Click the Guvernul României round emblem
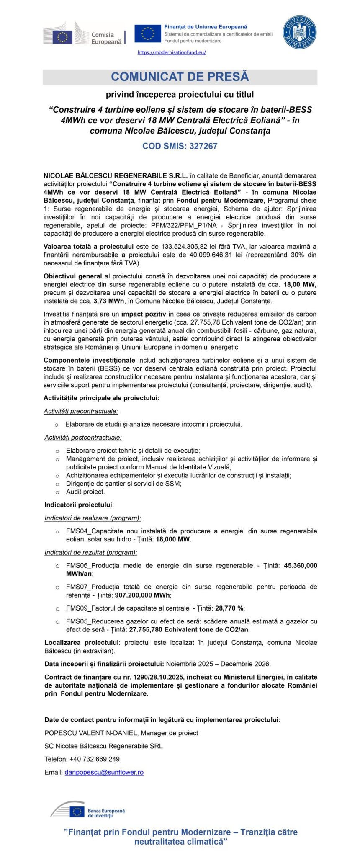[x=300, y=33]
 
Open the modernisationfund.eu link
[x=172, y=52]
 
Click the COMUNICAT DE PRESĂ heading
[x=180, y=77]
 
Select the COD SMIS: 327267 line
[x=180, y=146]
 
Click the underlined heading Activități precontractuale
[x=81, y=411]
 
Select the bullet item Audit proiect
[x=85, y=492]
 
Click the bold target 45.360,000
[x=300, y=565]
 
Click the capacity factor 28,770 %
[x=229, y=608]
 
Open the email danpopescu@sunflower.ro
[x=104, y=772]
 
